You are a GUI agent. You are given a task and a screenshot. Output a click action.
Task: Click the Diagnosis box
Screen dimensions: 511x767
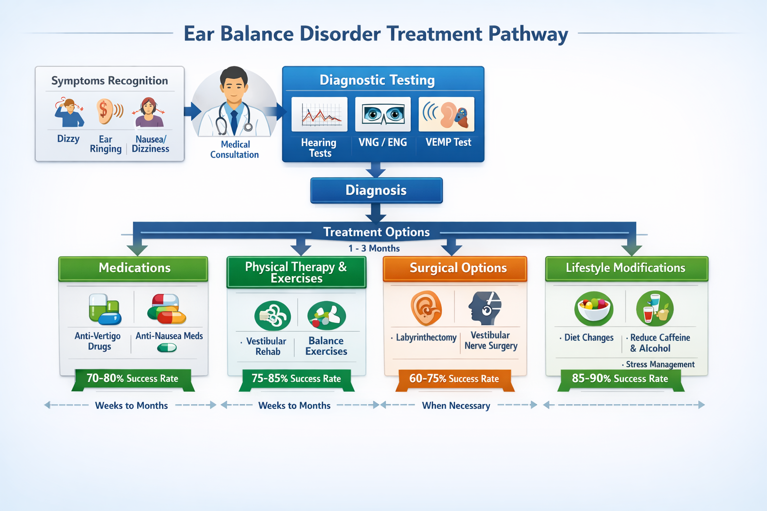coord(376,191)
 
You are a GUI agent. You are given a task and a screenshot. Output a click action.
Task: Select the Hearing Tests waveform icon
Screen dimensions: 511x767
coord(320,115)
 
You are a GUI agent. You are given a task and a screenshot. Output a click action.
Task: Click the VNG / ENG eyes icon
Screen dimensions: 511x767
coord(383,114)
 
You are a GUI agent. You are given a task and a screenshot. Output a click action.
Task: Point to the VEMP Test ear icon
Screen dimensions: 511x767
coord(447,114)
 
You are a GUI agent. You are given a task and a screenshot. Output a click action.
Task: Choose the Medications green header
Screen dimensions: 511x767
coord(133,268)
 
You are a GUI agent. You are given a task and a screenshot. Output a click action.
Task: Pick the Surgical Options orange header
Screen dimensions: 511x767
coord(455,268)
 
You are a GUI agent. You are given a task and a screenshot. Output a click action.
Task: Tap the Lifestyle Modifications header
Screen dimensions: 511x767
coord(626,268)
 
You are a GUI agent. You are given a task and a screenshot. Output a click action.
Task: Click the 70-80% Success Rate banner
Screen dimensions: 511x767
coord(132,379)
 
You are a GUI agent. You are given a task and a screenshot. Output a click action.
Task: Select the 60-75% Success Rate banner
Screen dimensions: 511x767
coord(454,379)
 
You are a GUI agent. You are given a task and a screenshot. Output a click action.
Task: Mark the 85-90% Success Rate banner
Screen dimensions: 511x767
coord(620,379)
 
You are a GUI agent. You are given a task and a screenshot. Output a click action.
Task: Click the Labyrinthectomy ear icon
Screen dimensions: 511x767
coord(426,308)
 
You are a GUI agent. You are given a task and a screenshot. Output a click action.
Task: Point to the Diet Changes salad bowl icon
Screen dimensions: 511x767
coord(593,307)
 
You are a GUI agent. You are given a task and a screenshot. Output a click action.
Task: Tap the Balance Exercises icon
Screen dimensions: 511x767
coord(327,315)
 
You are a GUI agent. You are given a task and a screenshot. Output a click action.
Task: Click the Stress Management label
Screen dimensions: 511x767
coord(660,365)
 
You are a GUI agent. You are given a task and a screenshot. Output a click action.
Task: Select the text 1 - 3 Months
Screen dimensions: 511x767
coord(374,249)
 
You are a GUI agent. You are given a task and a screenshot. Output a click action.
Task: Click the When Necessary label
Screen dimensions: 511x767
coord(456,406)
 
